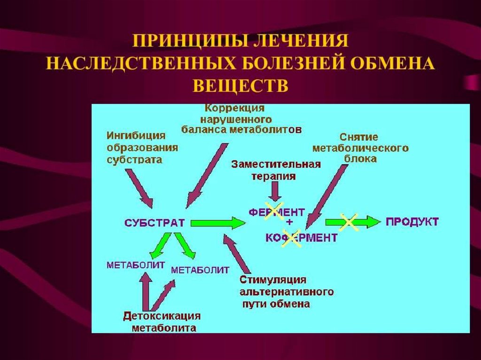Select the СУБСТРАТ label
tap(155, 222)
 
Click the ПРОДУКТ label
tap(412, 222)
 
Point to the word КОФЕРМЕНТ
tap(301, 238)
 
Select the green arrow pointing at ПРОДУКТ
tap(352, 222)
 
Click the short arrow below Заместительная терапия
tap(275, 191)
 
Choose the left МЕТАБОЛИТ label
tap(136, 265)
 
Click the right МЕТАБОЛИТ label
tap(200, 270)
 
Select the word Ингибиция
tap(136, 136)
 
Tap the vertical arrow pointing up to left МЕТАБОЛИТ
tap(146, 291)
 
